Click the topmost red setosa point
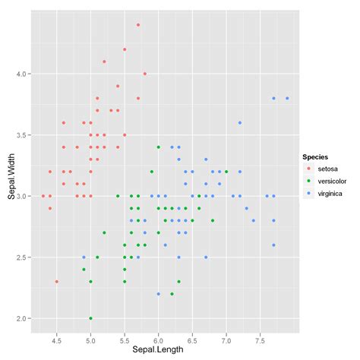[138, 24]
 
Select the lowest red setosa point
[56, 282]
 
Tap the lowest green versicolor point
[90, 318]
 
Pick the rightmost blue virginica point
[287, 98]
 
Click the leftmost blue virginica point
[84, 257]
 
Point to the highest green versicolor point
[158, 147]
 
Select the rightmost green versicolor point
[226, 172]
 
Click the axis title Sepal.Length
[158, 349]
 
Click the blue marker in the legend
[309, 195]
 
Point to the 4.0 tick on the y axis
[23, 74]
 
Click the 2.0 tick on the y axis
[23, 318]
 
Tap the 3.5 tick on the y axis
[23, 135]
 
